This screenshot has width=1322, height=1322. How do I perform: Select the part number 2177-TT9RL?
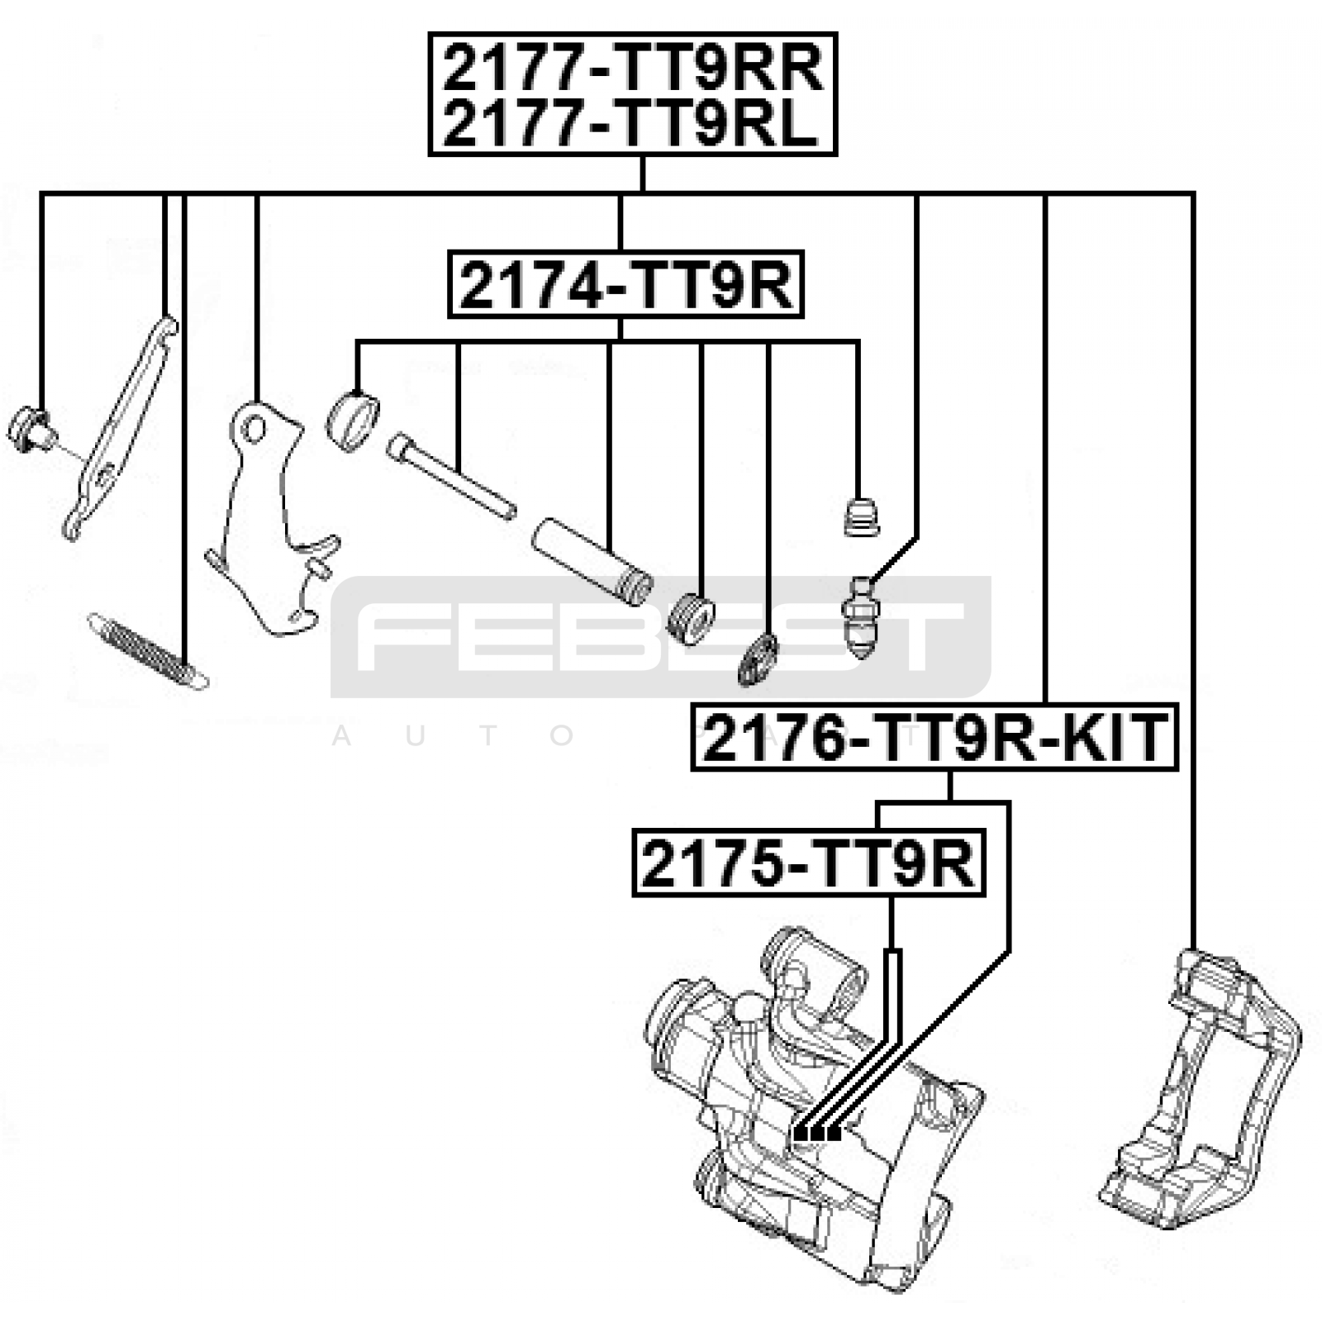click(x=630, y=124)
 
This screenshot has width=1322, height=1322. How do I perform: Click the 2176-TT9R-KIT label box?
click(x=934, y=738)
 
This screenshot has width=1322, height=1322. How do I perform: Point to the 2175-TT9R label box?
click(x=809, y=863)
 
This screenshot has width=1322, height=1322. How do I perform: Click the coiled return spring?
click(x=148, y=651)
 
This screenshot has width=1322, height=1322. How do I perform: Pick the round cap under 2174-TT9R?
click(x=353, y=422)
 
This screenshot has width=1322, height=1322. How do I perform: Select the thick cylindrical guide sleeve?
click(x=592, y=563)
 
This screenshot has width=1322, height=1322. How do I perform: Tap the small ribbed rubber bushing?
click(x=690, y=618)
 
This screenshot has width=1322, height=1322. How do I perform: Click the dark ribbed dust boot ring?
click(x=758, y=659)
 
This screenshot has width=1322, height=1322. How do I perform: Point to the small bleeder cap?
click(x=861, y=517)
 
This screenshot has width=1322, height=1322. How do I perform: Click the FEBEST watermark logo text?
click(x=660, y=636)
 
